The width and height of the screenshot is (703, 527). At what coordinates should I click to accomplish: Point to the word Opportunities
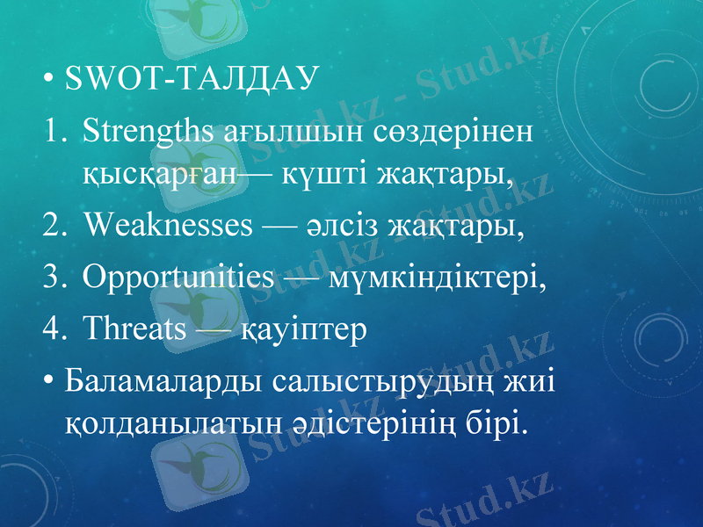coord(178,278)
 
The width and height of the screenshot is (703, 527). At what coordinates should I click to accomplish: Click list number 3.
coord(54,278)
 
